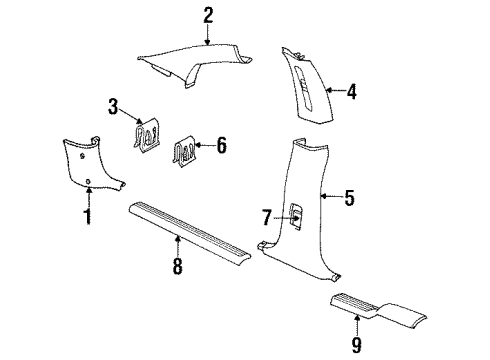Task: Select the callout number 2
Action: [208, 14]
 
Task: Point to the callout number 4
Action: [351, 91]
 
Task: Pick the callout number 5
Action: [349, 198]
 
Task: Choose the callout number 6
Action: [221, 145]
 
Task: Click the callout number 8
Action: [178, 266]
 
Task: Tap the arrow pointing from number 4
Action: [332, 91]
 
